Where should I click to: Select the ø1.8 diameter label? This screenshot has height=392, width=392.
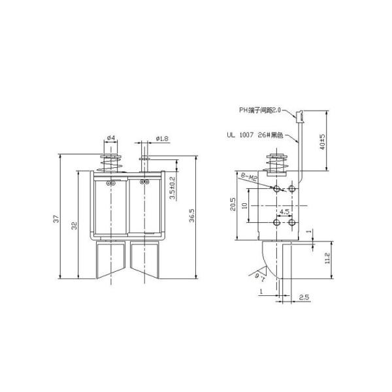(162, 138)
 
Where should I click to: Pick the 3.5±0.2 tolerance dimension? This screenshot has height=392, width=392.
(172, 188)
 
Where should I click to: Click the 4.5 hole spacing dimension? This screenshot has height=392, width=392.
(284, 212)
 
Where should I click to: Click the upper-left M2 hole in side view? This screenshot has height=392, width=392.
(278, 189)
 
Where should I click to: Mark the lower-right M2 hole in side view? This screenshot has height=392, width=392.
(291, 223)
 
